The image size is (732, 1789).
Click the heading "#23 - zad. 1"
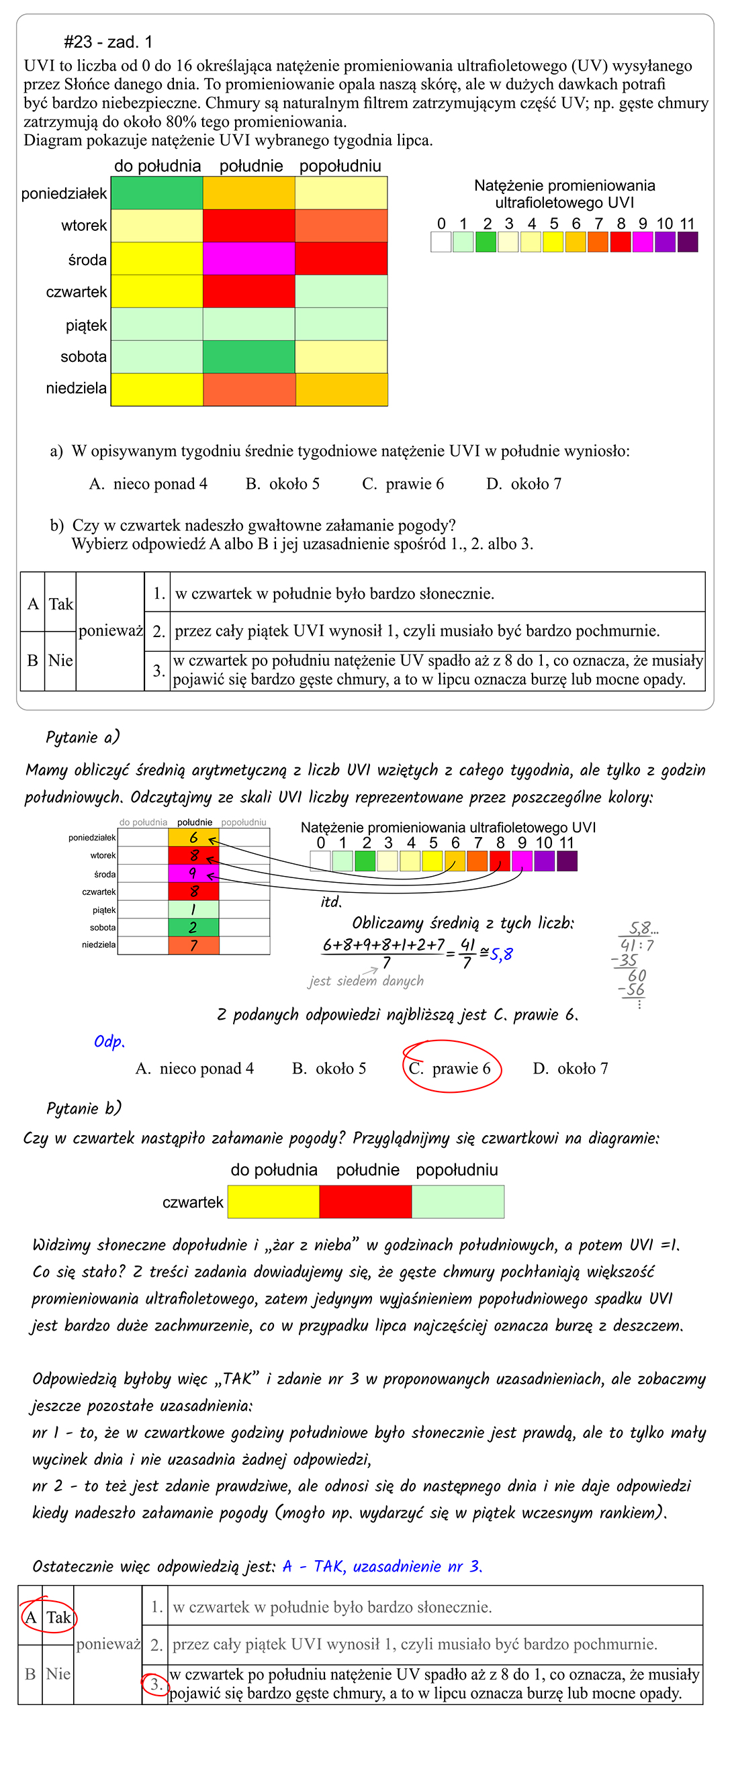[x=107, y=42]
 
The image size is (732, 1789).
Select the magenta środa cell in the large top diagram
[x=248, y=258]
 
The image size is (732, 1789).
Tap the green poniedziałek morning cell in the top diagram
[x=157, y=193]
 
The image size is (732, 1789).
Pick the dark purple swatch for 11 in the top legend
[x=688, y=242]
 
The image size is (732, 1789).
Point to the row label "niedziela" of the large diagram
[x=77, y=388]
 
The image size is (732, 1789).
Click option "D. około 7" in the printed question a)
[x=524, y=484]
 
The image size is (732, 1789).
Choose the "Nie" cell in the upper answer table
[x=60, y=661]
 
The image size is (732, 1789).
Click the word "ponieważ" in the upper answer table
[x=110, y=630]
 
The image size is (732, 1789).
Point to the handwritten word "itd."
[x=331, y=902]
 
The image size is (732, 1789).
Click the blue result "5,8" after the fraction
[x=501, y=954]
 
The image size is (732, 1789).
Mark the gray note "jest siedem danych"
[x=366, y=981]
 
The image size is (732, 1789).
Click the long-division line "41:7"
[x=637, y=945]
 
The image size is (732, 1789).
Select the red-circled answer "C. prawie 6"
[x=452, y=1068]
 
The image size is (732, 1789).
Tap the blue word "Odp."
[x=109, y=1042]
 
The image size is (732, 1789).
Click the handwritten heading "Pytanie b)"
[x=83, y=1108]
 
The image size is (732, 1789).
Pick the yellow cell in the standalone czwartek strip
[x=273, y=1202]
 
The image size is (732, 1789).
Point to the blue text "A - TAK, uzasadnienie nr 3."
[x=382, y=1566]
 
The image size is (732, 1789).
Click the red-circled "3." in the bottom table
[x=156, y=1684]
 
